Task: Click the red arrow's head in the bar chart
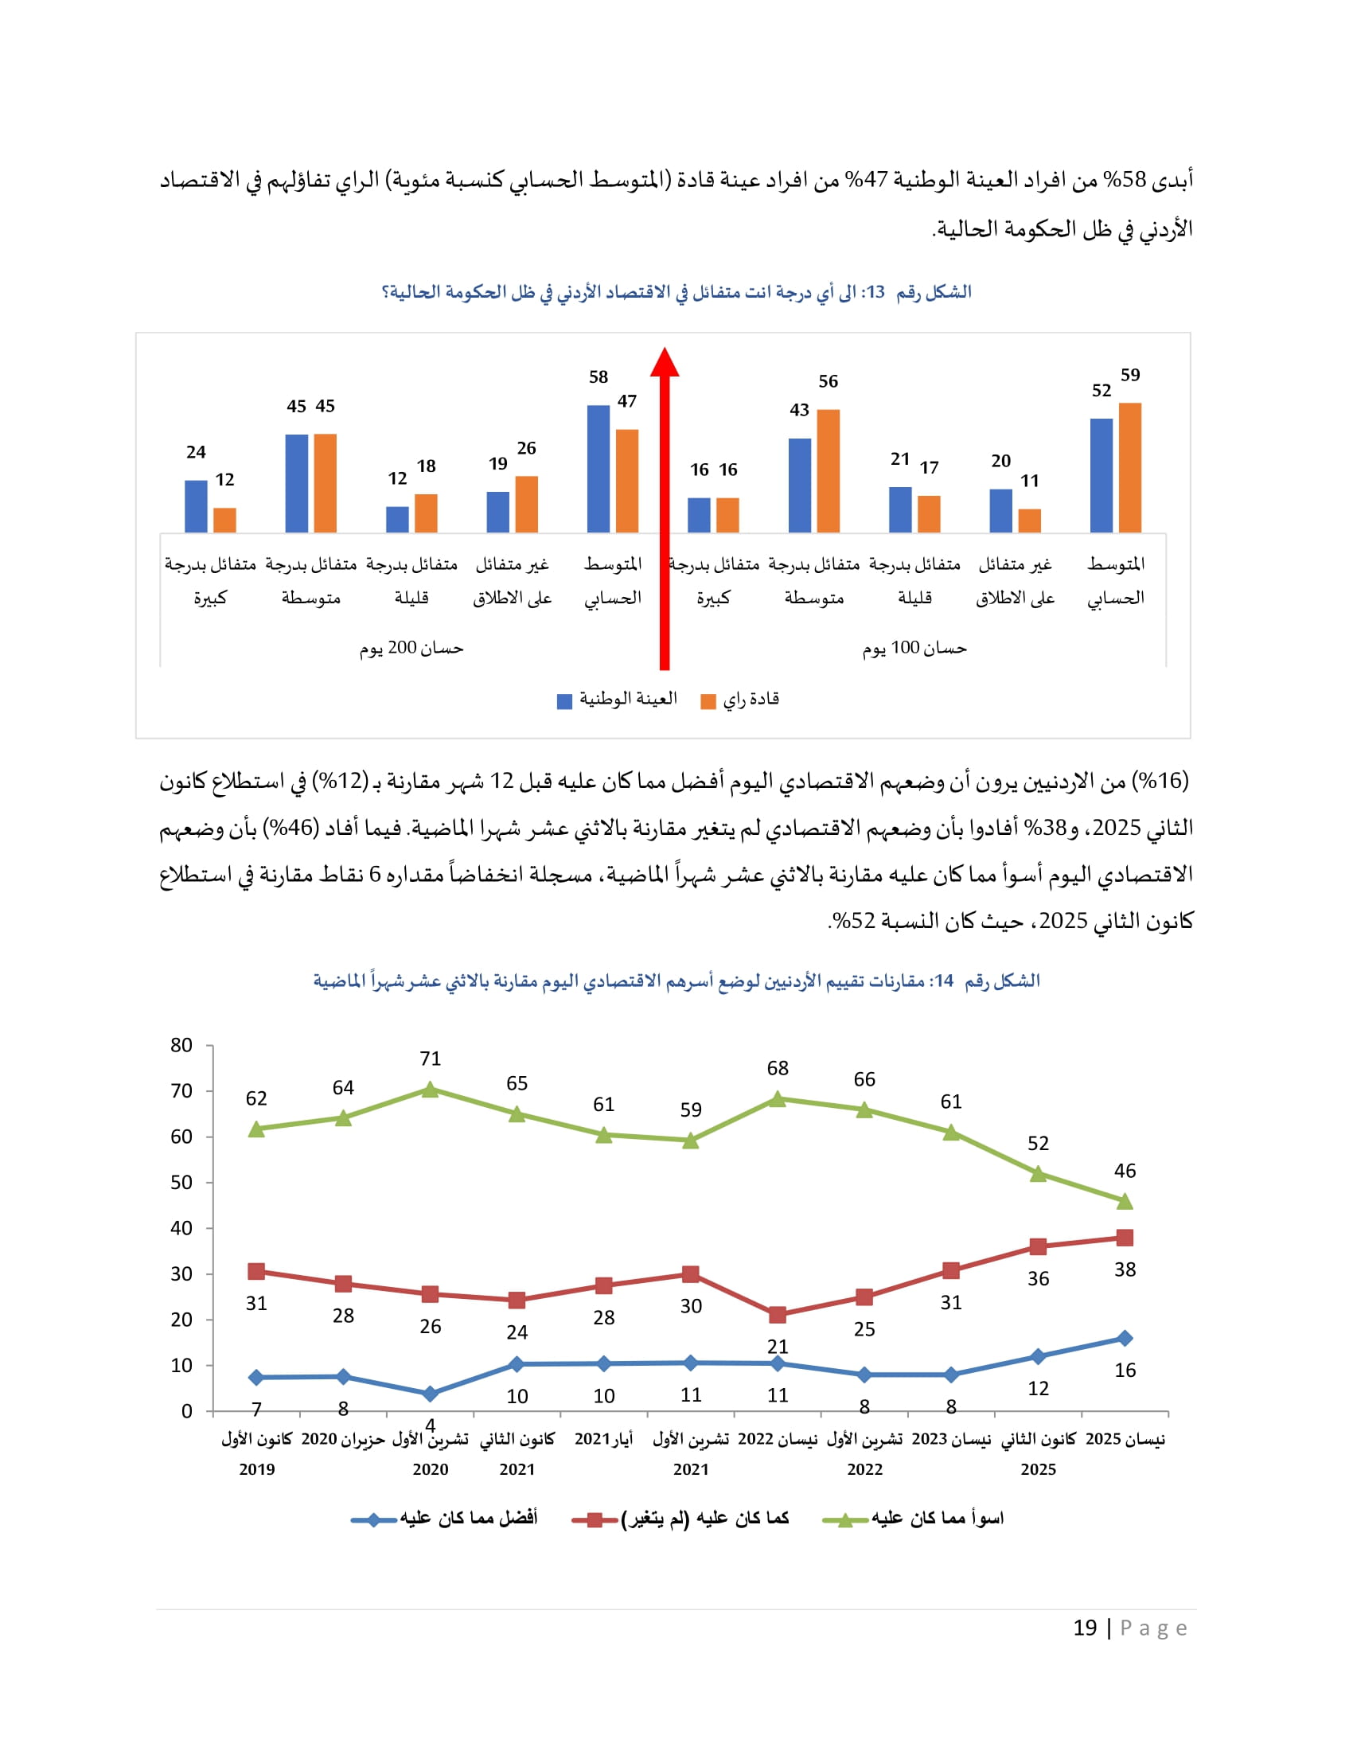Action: click(x=665, y=362)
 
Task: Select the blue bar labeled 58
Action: click(x=598, y=469)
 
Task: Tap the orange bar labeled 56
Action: click(x=828, y=471)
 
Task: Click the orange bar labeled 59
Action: click(x=1129, y=468)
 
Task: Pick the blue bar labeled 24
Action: click(x=196, y=506)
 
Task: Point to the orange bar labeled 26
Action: click(x=526, y=505)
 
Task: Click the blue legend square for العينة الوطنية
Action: click(x=564, y=700)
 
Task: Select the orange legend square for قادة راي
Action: click(x=708, y=700)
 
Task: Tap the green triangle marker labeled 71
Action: click(x=430, y=1090)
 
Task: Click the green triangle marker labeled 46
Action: click(x=1125, y=1201)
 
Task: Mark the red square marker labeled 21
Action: click(x=777, y=1315)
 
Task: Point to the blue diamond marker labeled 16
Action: click(x=1125, y=1338)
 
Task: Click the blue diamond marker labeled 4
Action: click(x=430, y=1394)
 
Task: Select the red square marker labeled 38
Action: click(x=1125, y=1238)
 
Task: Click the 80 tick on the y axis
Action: click(x=181, y=1046)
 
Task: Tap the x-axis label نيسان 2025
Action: click(x=1125, y=1439)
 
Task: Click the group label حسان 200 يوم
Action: click(x=411, y=648)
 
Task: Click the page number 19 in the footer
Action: click(x=1085, y=1628)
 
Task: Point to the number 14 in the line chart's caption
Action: click(x=943, y=981)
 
